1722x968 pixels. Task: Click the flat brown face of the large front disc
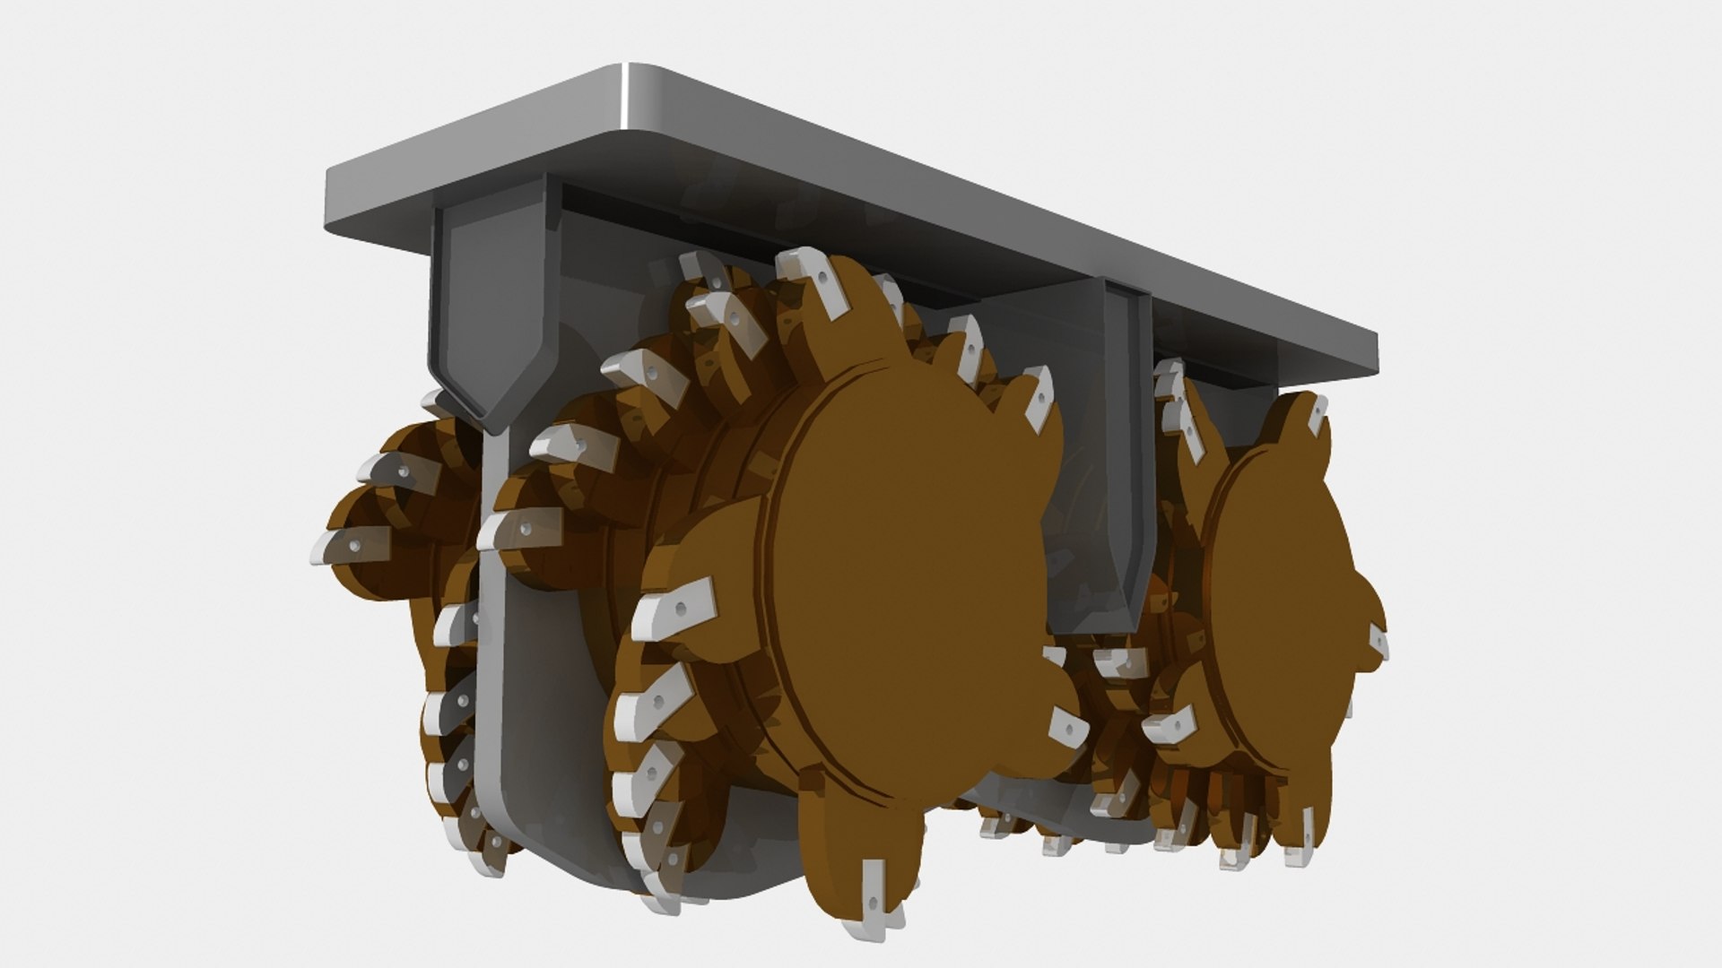tap(906, 574)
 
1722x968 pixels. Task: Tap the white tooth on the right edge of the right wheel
tap(1378, 642)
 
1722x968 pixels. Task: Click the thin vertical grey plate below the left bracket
tap(489, 627)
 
